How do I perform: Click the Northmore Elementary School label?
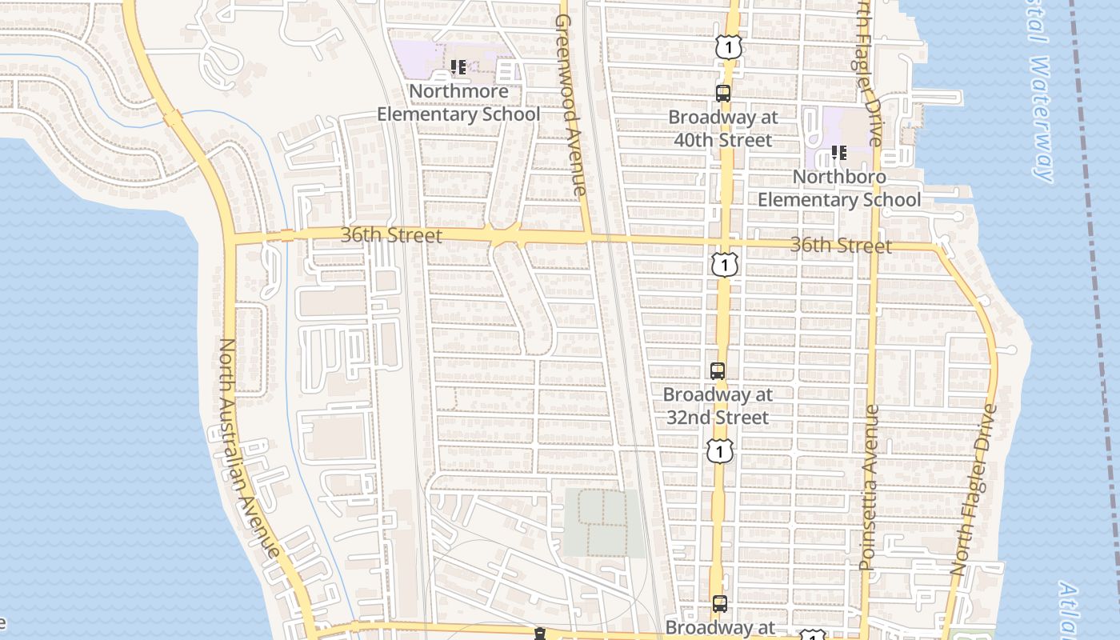[458, 102]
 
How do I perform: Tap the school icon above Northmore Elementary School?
[458, 67]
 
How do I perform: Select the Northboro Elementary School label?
[839, 188]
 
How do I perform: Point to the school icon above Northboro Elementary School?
[838, 152]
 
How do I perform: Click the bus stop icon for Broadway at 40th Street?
[723, 94]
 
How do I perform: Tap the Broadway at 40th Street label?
[723, 128]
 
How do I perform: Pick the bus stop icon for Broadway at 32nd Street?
[718, 371]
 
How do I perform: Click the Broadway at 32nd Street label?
[718, 406]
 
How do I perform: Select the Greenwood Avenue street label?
[571, 104]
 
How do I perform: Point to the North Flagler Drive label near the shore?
[974, 490]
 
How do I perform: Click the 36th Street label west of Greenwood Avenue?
[391, 235]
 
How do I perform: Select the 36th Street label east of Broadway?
[840, 245]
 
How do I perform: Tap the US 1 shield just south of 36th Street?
[724, 264]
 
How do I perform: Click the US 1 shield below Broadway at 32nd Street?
[720, 450]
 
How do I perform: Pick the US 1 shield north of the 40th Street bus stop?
[728, 47]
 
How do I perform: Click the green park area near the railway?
[604, 522]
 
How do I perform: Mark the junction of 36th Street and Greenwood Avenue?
[588, 238]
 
